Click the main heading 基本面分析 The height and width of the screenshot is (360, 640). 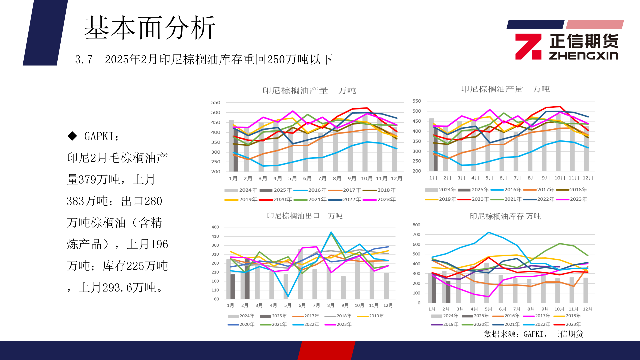pyautogui.click(x=150, y=28)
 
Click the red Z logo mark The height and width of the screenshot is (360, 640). pyautogui.click(x=528, y=47)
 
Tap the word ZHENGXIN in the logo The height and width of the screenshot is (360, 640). pyautogui.click(x=583, y=55)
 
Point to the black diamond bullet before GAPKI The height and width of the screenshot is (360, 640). pyautogui.click(x=72, y=136)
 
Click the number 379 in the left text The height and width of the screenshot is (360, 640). pyautogui.click(x=87, y=180)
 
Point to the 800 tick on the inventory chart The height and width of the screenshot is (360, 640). pyautogui.click(x=416, y=225)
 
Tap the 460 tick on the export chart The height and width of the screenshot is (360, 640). pyautogui.click(x=215, y=227)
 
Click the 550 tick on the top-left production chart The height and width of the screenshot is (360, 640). pyautogui.click(x=216, y=103)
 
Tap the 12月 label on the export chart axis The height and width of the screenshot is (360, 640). pyautogui.click(x=388, y=305)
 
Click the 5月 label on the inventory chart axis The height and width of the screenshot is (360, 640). pyautogui.click(x=488, y=309)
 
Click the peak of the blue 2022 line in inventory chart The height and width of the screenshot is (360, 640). pyautogui.click(x=488, y=232)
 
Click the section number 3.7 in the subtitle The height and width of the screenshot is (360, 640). pyautogui.click(x=84, y=60)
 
